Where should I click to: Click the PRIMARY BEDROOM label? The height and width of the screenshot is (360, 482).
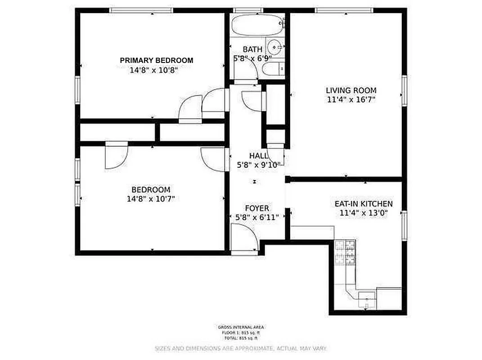[156, 60]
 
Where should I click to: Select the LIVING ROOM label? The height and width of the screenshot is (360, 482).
[351, 90]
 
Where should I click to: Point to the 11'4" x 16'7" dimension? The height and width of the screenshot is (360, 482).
[351, 99]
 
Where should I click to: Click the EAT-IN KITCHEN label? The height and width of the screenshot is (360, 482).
[364, 204]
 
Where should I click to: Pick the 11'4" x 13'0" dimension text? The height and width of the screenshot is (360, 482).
[364, 213]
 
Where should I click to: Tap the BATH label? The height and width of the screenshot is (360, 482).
[252, 49]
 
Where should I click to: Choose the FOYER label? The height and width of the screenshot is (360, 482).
[257, 208]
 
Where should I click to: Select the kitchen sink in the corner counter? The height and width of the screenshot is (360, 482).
[367, 298]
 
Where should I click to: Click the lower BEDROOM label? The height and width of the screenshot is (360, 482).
[151, 190]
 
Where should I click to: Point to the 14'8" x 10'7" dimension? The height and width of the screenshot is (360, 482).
[151, 199]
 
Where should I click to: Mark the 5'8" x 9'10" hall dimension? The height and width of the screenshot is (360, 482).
[259, 165]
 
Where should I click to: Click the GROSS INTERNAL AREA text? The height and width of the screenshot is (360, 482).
[241, 327]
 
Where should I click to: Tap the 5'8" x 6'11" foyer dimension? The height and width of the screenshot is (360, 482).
[257, 217]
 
